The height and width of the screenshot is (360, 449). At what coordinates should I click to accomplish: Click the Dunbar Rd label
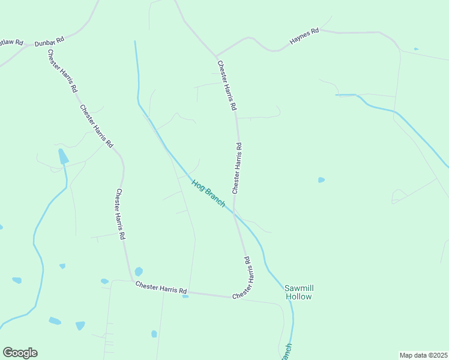coord(49,42)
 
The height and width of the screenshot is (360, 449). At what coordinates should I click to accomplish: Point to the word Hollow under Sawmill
coord(299,296)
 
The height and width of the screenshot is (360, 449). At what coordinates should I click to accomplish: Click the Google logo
coord(20,353)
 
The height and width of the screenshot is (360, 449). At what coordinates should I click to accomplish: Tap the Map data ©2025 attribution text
coord(423,355)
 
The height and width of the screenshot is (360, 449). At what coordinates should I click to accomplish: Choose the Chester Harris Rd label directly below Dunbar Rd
coord(62,70)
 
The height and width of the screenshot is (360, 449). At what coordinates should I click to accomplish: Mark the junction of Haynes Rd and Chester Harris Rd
coord(216,56)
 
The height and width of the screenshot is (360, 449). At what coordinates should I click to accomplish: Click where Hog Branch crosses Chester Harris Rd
coord(234,213)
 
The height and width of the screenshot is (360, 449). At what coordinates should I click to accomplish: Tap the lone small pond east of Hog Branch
coord(321,179)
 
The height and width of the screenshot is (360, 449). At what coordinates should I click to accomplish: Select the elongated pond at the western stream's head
coord(63,156)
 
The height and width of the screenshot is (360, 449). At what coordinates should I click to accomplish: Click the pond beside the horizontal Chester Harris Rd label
coord(139,272)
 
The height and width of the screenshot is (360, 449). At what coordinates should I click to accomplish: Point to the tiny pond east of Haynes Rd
coord(416,49)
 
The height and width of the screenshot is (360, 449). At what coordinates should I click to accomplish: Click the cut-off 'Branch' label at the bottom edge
coord(287,352)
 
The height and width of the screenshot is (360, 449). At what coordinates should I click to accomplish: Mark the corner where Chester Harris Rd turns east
coord(131,280)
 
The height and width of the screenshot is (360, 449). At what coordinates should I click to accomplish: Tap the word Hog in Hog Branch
coord(199,185)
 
